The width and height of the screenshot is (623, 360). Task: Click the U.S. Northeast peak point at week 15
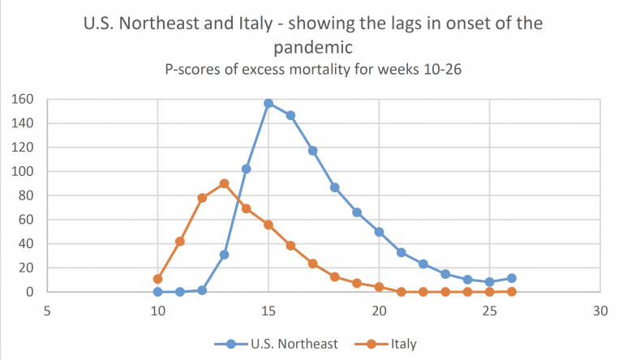click(269, 104)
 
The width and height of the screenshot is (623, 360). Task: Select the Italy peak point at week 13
click(224, 183)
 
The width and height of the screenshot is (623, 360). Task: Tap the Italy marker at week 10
click(158, 279)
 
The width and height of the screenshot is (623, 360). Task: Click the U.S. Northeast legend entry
click(277, 344)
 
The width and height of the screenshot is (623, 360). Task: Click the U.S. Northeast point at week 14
click(247, 169)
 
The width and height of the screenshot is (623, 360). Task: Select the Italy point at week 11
click(180, 242)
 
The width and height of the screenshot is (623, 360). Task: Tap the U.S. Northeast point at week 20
click(379, 232)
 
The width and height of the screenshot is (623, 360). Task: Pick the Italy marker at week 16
click(290, 246)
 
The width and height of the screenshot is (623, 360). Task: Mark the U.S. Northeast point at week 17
click(312, 151)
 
